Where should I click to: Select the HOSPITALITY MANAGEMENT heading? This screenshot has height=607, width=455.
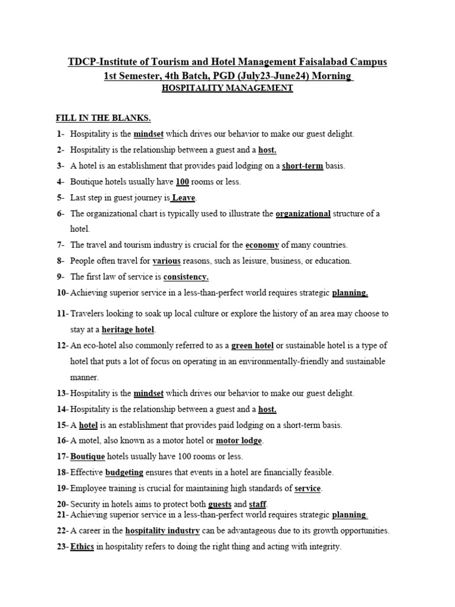227,88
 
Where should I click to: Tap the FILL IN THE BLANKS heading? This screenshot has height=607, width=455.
99,118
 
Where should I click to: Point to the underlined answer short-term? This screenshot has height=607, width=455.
302,166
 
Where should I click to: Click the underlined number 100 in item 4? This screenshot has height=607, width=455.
182,182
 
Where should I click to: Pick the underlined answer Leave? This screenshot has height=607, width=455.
184,198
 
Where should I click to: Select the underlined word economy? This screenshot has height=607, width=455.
262,245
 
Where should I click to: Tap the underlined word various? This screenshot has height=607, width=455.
166,261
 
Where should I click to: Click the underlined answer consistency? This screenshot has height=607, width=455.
186,277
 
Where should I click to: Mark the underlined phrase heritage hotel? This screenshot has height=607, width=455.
128,330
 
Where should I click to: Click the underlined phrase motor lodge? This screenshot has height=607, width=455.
239,441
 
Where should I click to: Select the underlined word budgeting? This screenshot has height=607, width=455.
124,472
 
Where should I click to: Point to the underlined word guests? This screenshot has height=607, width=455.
220,504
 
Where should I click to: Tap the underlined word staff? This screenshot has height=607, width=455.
258,504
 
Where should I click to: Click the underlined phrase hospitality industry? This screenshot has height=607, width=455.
162,531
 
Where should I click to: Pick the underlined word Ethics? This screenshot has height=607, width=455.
82,547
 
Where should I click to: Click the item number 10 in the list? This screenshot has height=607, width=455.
62,293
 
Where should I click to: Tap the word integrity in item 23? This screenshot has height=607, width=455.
325,547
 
